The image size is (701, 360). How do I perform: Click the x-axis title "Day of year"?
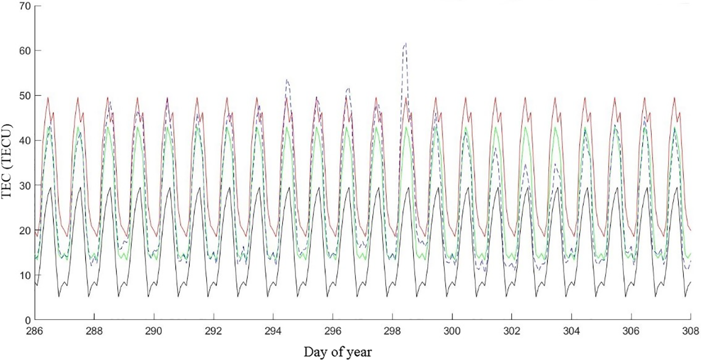pos(338,351)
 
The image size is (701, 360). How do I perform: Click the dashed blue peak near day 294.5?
pos(287,80)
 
